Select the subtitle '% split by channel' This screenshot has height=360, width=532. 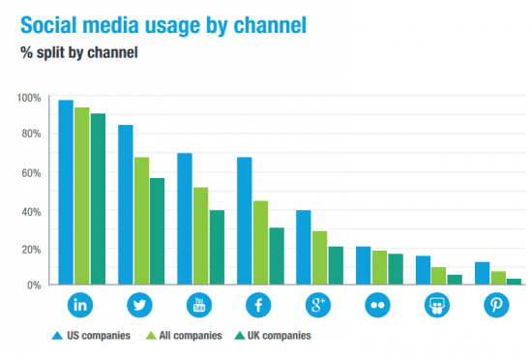(79, 52)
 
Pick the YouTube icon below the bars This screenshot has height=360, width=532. (200, 306)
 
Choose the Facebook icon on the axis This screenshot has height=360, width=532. (259, 306)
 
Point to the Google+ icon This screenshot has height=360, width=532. (318, 306)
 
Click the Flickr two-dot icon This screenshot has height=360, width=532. (378, 306)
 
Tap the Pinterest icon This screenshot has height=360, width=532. (496, 306)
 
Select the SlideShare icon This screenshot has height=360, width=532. (437, 306)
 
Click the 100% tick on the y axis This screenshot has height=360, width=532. (29, 98)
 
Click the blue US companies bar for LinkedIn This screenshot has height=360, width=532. (66, 194)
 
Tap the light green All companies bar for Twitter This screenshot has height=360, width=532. (141, 222)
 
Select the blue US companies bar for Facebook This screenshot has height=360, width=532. (245, 222)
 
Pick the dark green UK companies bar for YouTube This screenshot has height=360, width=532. (217, 248)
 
